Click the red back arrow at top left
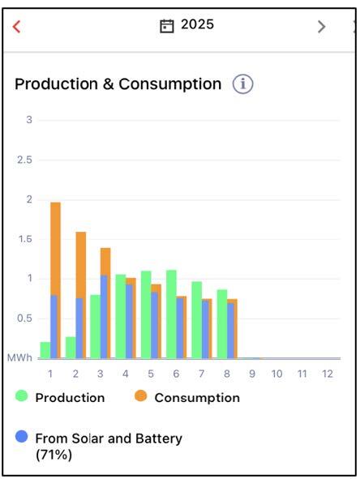(x=16, y=27)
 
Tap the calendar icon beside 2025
(x=167, y=26)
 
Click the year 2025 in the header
(x=197, y=24)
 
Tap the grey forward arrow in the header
(x=321, y=27)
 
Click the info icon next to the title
(x=243, y=83)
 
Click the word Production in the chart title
(x=57, y=84)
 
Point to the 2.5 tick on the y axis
(x=25, y=160)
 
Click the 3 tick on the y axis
(x=29, y=120)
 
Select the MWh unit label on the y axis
(x=19, y=357)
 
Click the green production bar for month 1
(x=45, y=350)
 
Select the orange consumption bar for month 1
(x=55, y=249)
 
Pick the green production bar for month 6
(x=171, y=314)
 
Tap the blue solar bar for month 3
(x=104, y=317)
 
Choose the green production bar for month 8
(x=222, y=324)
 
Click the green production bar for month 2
(x=71, y=348)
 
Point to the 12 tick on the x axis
(x=328, y=374)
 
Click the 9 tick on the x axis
(x=252, y=374)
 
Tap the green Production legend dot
(x=21, y=396)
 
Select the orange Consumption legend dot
(x=140, y=396)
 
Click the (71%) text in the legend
(x=54, y=455)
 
